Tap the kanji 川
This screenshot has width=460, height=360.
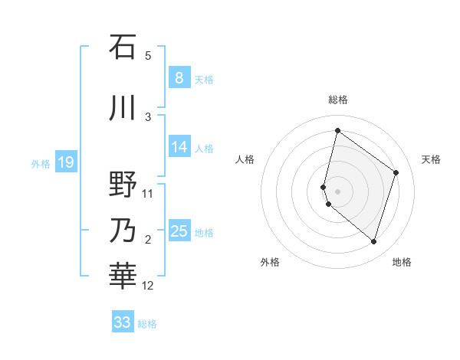pos(123,107)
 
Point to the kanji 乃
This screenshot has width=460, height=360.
pos(123,230)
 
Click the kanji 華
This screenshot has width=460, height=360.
pos(123,277)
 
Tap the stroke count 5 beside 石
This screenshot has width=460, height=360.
pos(148,56)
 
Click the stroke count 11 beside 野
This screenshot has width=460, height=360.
pos(149,194)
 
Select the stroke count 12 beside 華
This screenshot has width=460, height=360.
pos(149,286)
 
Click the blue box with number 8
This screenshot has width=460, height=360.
pos(179,77)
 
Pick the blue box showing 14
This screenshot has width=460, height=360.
pos(179,147)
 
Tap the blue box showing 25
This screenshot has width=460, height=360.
pos(179,231)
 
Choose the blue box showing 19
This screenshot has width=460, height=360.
pos(65,162)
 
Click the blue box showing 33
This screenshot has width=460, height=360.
pos(123,322)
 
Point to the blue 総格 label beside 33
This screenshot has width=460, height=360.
pos(147,324)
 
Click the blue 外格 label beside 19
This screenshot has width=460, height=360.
pos(41,163)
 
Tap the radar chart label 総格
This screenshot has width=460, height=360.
pos(338,100)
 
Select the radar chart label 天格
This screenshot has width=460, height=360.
pos(432,159)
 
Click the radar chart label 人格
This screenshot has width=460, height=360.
pos(245,159)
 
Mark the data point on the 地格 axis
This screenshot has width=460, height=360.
pos(373,242)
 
